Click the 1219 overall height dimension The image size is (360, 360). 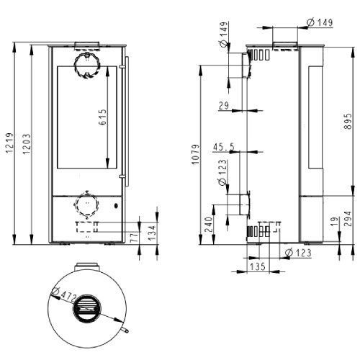(9, 143)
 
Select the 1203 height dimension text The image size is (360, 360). (27, 144)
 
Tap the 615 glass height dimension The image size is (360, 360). (102, 117)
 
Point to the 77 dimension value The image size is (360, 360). (135, 237)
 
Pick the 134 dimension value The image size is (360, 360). (152, 233)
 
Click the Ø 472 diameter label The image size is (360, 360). (63, 294)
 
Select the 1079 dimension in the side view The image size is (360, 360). (195, 154)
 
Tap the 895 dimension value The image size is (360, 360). (348, 121)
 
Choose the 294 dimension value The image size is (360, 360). (348, 219)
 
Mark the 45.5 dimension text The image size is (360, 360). (224, 147)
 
